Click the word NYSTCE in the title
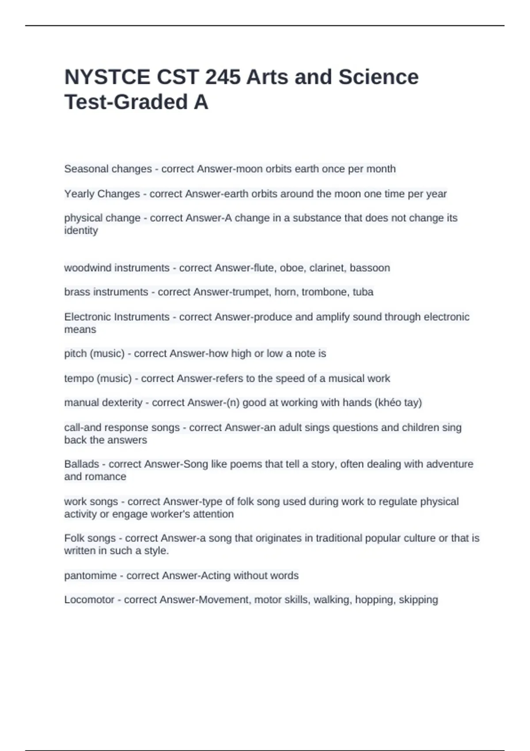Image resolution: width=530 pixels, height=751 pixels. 107,77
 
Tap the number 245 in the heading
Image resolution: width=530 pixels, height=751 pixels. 223,77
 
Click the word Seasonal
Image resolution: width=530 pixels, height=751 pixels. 84,169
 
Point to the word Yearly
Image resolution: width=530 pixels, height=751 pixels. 78,194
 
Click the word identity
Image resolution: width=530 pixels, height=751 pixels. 81,231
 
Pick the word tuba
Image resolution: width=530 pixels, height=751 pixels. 363,292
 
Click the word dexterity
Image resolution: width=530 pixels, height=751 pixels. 122,403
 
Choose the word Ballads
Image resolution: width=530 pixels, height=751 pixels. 82,464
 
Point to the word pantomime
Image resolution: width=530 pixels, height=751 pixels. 90,576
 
